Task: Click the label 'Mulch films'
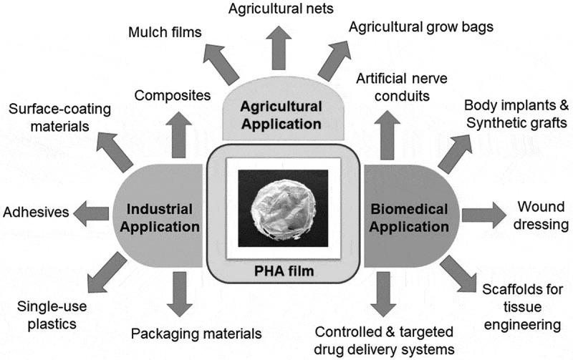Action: point(165,33)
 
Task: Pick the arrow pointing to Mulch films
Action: point(226,64)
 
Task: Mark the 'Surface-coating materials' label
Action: point(57,117)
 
